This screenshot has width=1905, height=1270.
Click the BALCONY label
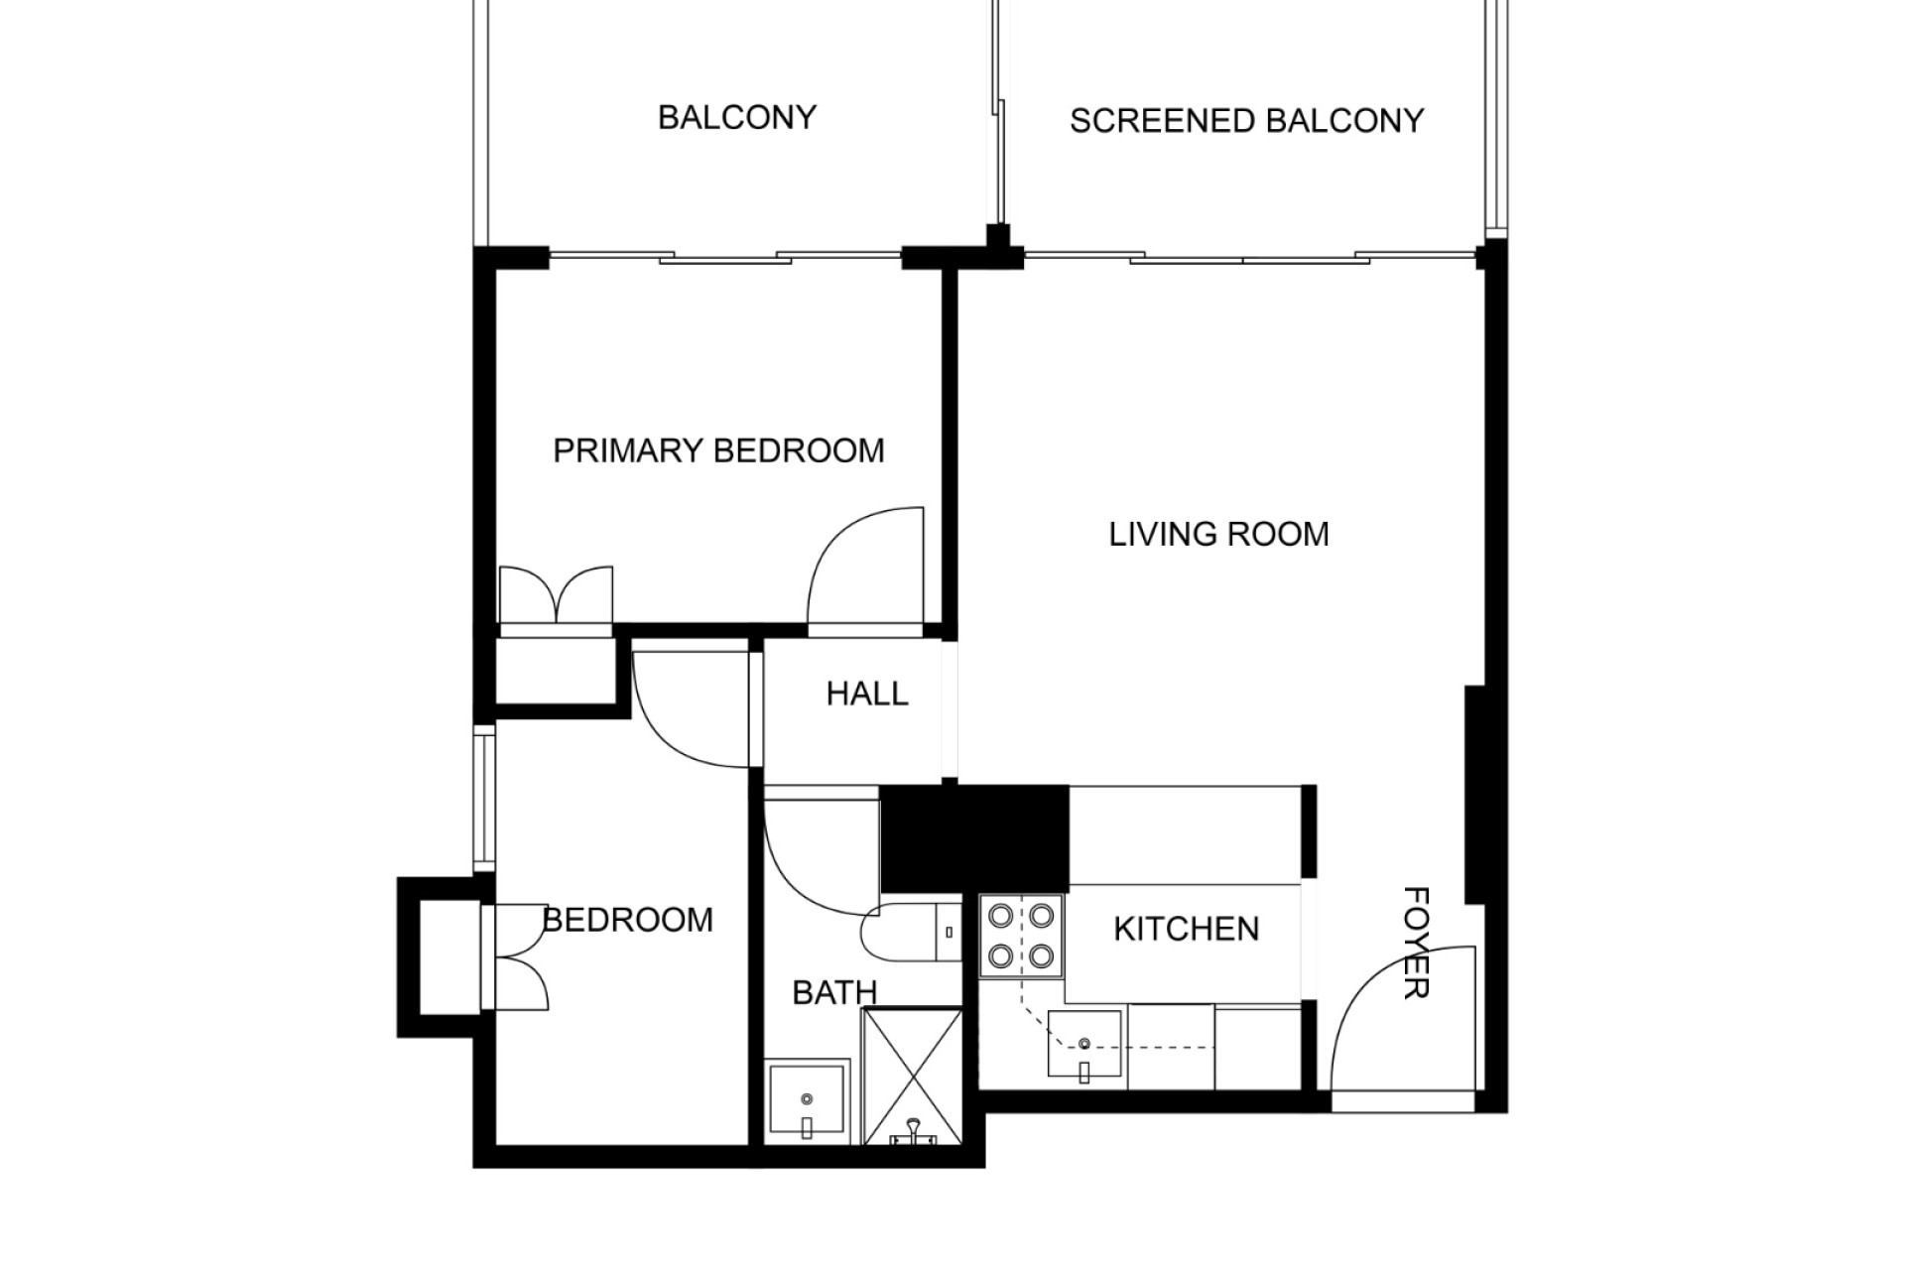click(x=737, y=117)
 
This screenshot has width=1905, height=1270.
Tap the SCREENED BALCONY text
click(x=1246, y=121)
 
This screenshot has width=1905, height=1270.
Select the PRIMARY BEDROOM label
click(x=718, y=450)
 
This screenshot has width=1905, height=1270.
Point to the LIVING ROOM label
click(x=1218, y=534)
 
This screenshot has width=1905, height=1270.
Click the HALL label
click(x=867, y=694)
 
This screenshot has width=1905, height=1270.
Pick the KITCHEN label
click(x=1187, y=929)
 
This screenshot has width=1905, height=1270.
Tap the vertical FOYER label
click(x=1416, y=942)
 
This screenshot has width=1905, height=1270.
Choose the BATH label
click(x=834, y=992)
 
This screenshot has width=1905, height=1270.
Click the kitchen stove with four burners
click(x=1021, y=934)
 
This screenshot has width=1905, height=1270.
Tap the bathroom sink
click(x=807, y=1102)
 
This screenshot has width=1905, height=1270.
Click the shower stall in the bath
click(x=913, y=1077)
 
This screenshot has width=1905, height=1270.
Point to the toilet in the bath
click(x=913, y=932)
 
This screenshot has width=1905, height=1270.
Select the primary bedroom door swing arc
click(x=866, y=571)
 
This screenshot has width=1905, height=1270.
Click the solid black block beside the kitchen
click(x=974, y=838)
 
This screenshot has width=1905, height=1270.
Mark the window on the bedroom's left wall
click(x=484, y=798)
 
